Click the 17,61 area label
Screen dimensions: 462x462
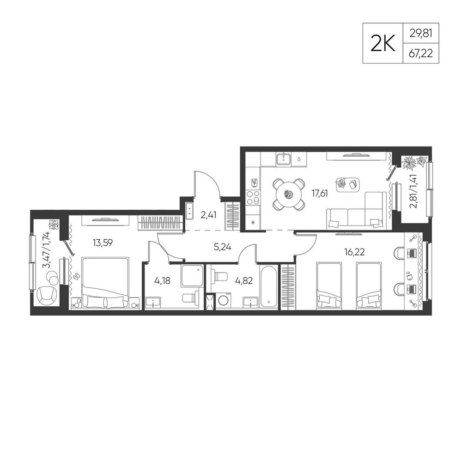[320, 194]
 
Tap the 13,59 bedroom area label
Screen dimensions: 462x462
[103, 243]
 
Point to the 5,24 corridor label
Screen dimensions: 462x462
[223, 247]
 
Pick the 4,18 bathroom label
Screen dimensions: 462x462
[162, 280]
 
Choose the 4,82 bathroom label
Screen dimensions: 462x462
[244, 280]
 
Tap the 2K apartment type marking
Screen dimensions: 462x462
[383, 43]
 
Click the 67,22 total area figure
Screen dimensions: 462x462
[421, 54]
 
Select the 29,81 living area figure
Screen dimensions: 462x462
[421, 33]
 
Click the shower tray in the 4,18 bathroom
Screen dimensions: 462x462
[192, 276]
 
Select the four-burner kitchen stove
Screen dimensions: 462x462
[253, 197]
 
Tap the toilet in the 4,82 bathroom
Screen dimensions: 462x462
[220, 277]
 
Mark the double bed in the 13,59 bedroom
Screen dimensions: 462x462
[105, 284]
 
